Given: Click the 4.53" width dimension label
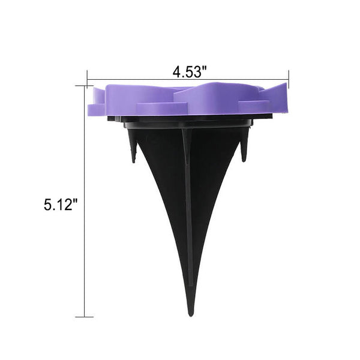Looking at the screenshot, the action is point(190,71).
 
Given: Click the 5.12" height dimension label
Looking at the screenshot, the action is point(61,205).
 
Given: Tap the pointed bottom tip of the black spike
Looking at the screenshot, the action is point(191,316).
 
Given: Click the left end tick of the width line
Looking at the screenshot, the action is point(87,79).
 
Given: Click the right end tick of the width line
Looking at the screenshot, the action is point(289,79).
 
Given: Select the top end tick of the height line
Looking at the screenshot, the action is point(85,86).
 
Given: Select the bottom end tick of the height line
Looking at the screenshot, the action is point(85,317).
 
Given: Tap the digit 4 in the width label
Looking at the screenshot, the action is point(176,72).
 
